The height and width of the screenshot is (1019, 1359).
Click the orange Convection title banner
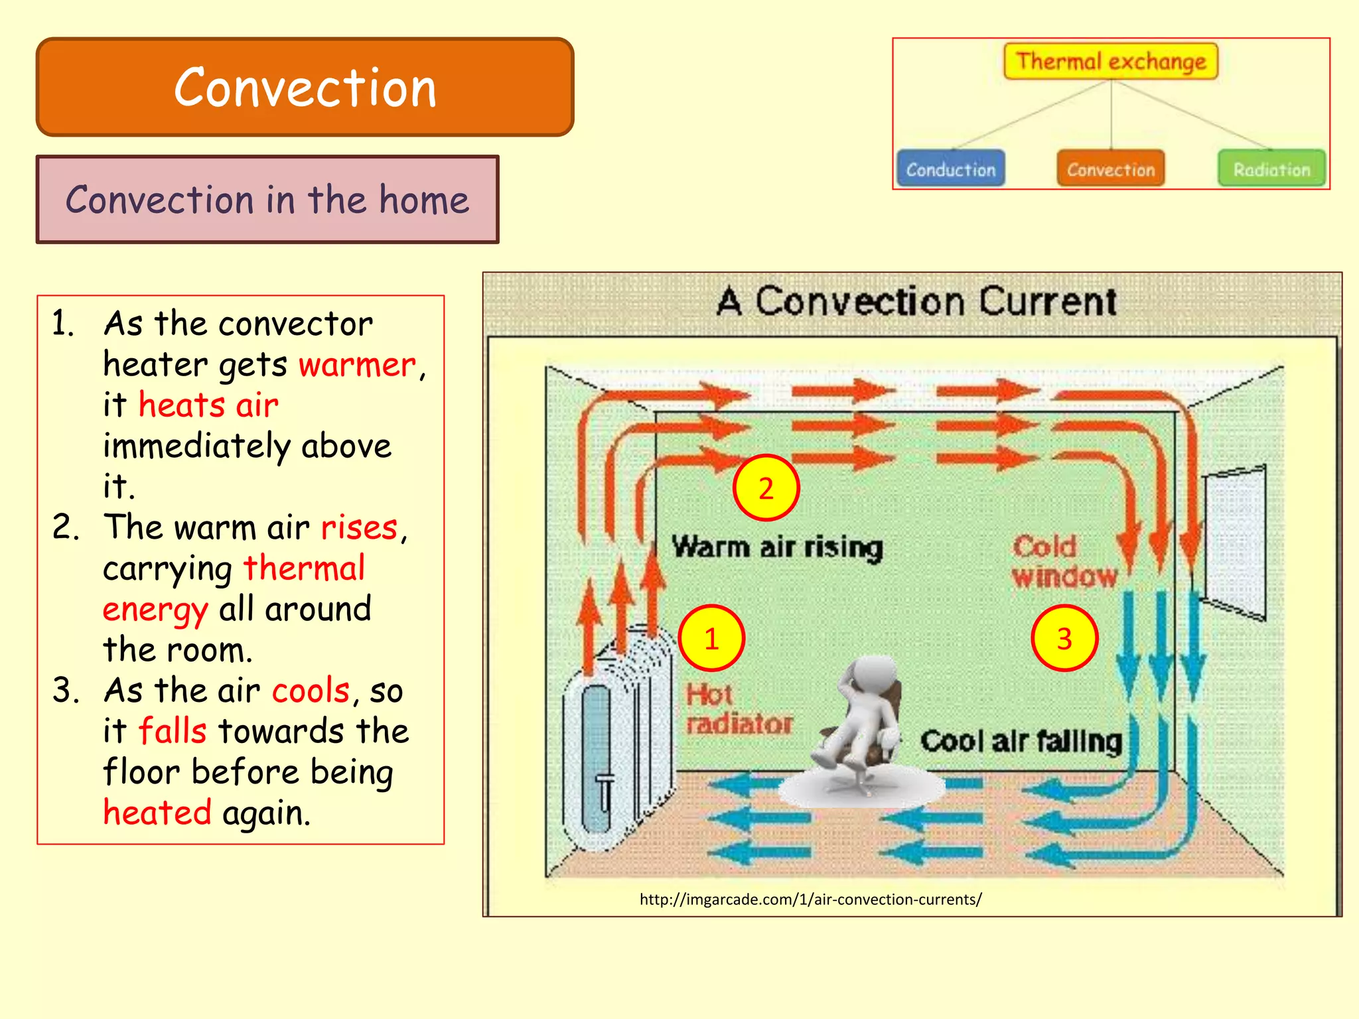305,87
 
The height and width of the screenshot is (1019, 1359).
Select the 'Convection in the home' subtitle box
267,200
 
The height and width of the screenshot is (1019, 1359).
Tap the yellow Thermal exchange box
1111,61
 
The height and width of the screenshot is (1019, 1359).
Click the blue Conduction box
950,169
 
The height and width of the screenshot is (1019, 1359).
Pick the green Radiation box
1271,169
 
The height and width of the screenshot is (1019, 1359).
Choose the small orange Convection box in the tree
1111,169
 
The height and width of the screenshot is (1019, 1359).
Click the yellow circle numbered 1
712,638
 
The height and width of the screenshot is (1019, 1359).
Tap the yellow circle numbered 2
766,488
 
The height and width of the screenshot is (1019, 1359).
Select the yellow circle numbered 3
1064,638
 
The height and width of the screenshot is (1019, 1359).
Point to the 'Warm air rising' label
777,547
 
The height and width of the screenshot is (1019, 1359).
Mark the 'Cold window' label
1064,562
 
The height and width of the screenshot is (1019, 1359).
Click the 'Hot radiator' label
739,709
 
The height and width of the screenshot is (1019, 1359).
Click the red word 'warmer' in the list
356,365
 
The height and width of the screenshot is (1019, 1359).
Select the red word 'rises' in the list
359,528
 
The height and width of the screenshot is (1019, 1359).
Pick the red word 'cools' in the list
311,691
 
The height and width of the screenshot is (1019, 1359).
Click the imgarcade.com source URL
810,900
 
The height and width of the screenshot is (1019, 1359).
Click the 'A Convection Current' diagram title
916,302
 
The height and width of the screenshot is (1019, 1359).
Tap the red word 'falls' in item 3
172,732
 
